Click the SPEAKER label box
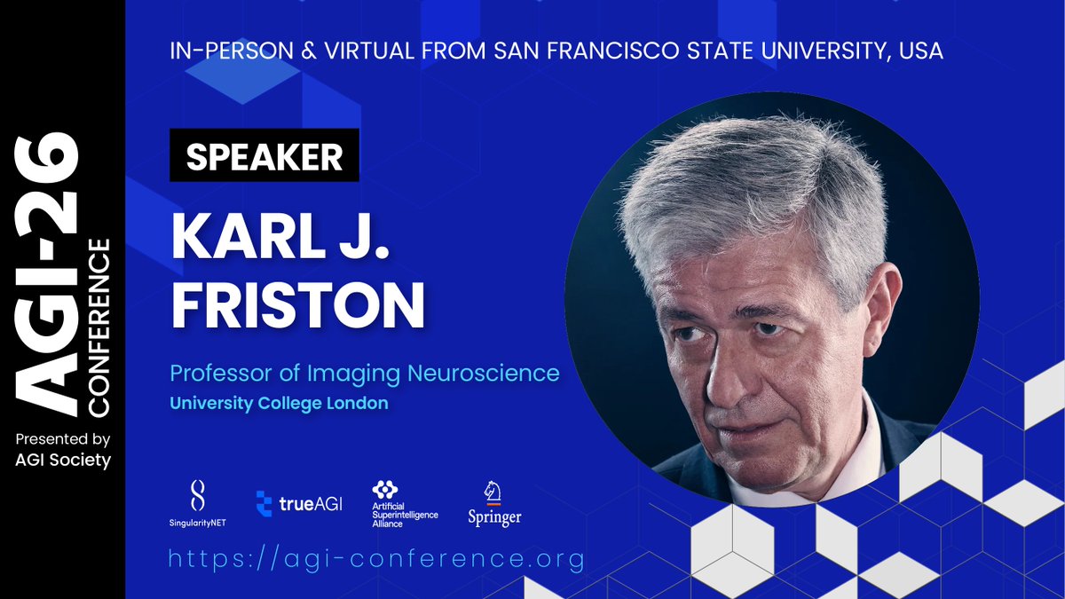click(264, 156)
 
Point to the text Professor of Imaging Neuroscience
click(365, 373)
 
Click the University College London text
click(280, 403)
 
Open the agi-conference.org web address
click(376, 559)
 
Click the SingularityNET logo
click(198, 502)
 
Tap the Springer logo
click(494, 503)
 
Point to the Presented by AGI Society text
click(63, 450)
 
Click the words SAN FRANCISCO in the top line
click(556, 51)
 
